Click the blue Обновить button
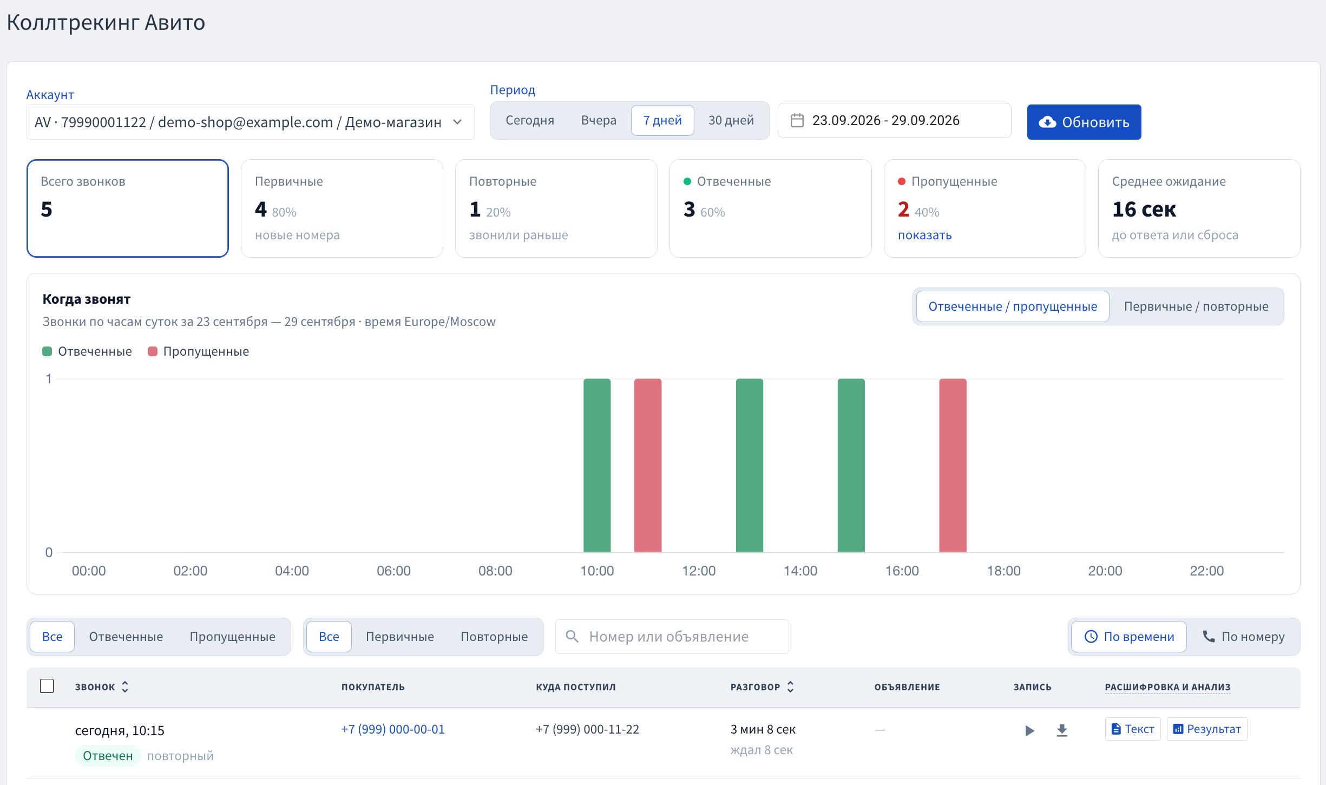tap(1084, 122)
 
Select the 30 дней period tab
tap(731, 120)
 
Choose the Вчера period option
tap(599, 120)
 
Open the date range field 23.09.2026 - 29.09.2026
tap(894, 120)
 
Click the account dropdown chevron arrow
tap(457, 122)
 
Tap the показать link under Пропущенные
tap(924, 235)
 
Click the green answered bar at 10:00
tap(597, 466)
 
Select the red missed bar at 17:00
tap(953, 466)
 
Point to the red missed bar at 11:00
tap(648, 466)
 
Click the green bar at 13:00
tap(750, 466)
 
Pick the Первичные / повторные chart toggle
tap(1196, 306)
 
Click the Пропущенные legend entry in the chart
tap(198, 351)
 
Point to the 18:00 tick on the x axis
tap(1003, 571)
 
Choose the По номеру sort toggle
tap(1243, 637)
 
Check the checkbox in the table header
tap(47, 686)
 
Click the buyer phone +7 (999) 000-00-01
tap(393, 729)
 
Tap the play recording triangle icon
tap(1029, 730)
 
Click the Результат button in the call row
tap(1207, 729)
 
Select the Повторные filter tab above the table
tap(494, 637)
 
